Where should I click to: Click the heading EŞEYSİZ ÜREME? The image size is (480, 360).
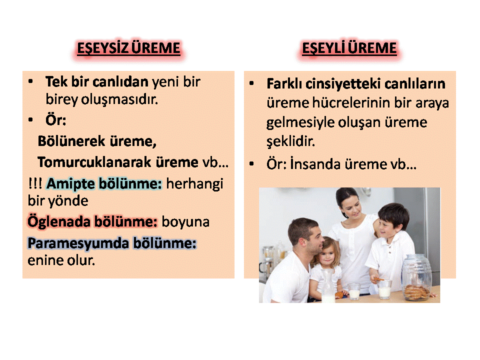click(x=128, y=48)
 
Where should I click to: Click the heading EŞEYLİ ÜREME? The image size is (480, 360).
click(x=349, y=48)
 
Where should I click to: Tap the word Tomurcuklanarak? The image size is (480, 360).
click(x=94, y=162)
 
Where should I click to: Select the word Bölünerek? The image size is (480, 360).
click(x=71, y=141)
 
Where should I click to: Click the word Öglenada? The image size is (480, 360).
click(x=59, y=222)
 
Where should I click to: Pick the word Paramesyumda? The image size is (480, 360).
click(x=78, y=244)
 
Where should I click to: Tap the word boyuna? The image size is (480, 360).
click(x=185, y=222)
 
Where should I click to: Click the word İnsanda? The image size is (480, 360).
click(x=315, y=164)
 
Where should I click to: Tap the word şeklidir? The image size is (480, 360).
click(x=290, y=141)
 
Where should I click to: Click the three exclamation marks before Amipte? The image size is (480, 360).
click(x=35, y=183)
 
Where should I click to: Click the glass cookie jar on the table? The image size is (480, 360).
click(x=417, y=277)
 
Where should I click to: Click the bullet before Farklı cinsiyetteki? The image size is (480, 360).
click(x=251, y=83)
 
